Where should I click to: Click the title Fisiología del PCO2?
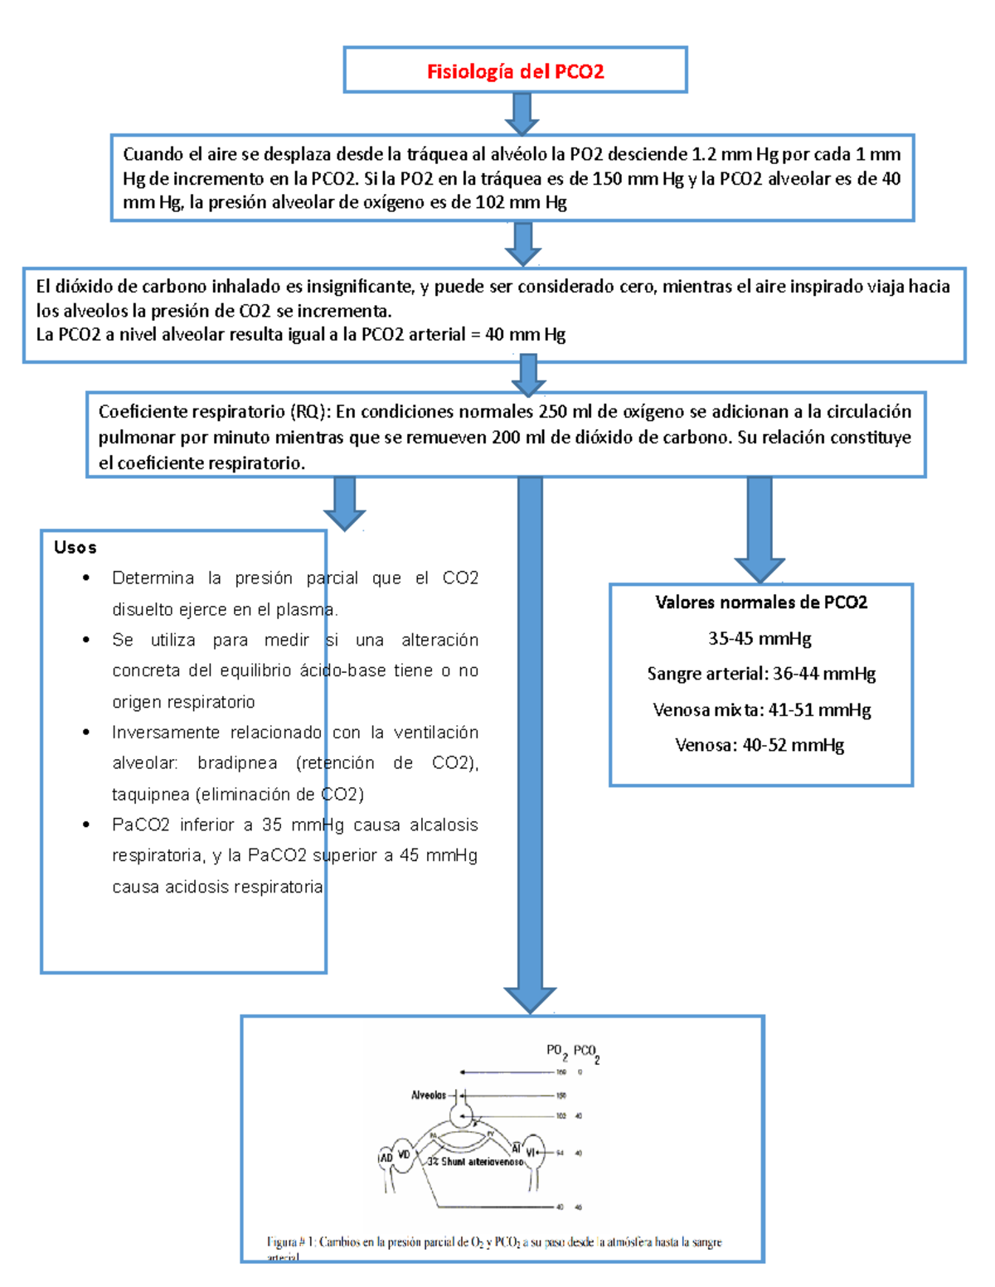tap(515, 71)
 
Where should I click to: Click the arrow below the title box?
tap(522, 114)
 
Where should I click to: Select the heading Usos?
tap(75, 547)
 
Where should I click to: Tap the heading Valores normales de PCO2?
tap(761, 602)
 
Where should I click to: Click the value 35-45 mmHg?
tap(760, 638)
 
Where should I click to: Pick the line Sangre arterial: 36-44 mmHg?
tap(761, 674)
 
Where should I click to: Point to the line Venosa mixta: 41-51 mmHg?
tap(761, 709)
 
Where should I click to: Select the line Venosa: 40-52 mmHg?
tap(760, 745)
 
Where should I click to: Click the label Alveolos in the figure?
tap(429, 1096)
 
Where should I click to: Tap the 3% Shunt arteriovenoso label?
tap(476, 1162)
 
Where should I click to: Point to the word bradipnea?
tap(237, 762)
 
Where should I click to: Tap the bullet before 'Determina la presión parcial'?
tap(86, 578)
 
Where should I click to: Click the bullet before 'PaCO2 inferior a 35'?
tap(86, 825)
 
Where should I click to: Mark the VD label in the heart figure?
tap(405, 1154)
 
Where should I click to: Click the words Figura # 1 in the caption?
tap(290, 1242)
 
